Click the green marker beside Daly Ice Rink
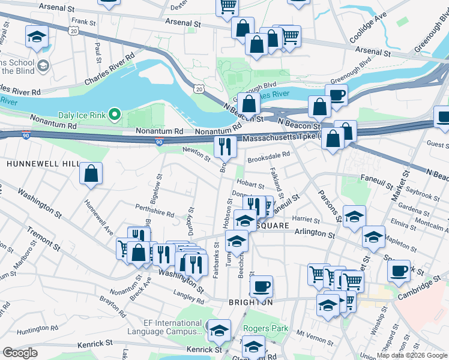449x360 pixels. tap(118, 115)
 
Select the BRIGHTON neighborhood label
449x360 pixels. tap(251, 302)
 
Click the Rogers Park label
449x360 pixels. tap(265, 329)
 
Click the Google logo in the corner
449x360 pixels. tap(20, 353)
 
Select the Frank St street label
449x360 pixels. tap(84, 21)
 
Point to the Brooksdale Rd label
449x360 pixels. tap(269, 154)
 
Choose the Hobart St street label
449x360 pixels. tap(250, 186)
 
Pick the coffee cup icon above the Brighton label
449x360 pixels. tap(261, 286)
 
